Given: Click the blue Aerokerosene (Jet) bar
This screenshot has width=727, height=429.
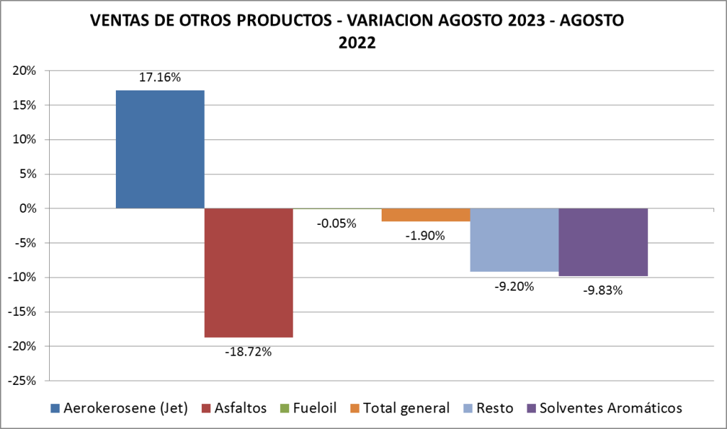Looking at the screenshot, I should (160, 149).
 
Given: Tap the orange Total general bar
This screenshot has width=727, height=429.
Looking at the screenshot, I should (426, 215).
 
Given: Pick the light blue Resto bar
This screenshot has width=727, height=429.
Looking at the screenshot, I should (515, 240).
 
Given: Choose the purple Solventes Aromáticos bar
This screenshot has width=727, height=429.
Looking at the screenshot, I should (603, 242).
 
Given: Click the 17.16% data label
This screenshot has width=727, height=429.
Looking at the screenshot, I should (160, 78).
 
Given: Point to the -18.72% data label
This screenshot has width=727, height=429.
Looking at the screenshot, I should (248, 351).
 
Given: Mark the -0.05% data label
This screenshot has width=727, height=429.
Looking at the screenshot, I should (337, 223).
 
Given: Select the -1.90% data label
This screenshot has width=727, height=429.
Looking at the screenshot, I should (426, 235).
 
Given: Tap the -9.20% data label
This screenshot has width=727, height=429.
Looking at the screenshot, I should (515, 286).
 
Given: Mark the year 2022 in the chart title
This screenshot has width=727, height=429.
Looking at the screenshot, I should (357, 42).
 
